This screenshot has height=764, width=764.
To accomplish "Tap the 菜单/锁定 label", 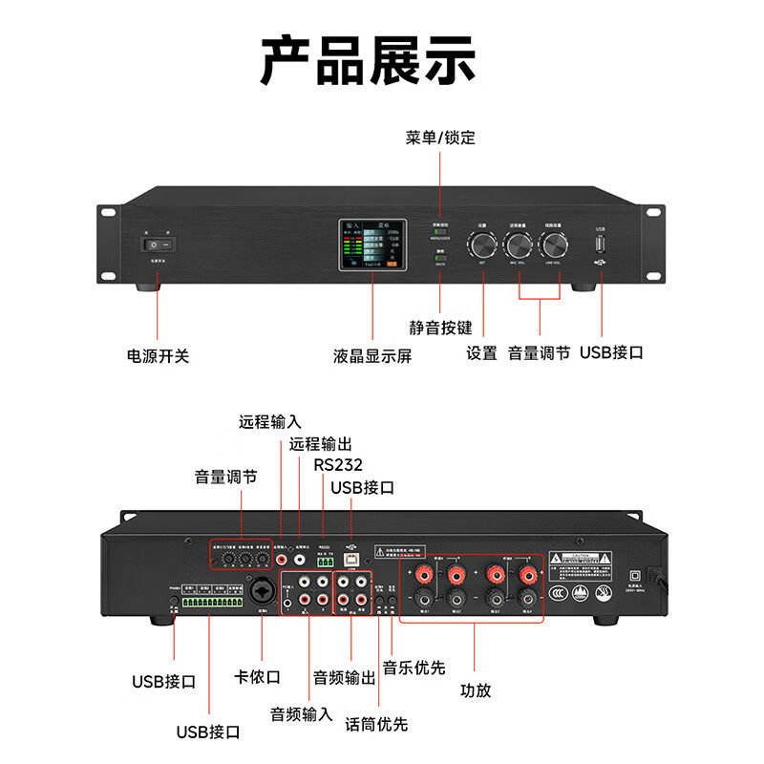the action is point(439,138).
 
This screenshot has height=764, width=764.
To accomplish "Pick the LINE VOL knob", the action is point(552,243).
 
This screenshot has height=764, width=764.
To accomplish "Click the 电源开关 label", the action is point(159,355).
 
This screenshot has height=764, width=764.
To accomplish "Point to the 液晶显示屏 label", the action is point(372,355).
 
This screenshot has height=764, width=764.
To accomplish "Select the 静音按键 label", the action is point(441,328).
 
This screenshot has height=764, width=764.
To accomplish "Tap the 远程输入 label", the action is point(269,421).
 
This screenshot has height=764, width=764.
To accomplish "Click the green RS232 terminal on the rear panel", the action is point(325,562).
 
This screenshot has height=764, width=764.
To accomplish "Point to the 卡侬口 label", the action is point(258,676).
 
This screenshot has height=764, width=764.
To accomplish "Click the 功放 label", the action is point(476,690).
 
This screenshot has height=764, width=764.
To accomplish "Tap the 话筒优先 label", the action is point(376,724).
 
